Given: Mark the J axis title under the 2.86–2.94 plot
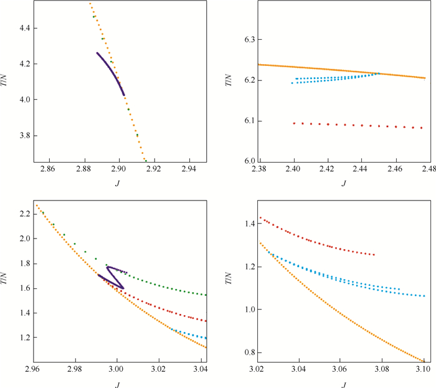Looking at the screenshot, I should pos(117,182).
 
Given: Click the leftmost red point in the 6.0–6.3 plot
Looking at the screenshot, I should pos(294,123).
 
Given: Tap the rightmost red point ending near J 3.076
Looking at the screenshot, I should pos(374,255).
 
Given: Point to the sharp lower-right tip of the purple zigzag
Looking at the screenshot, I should pos(123,288).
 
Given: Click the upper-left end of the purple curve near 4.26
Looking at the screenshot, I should pos(97,53).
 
